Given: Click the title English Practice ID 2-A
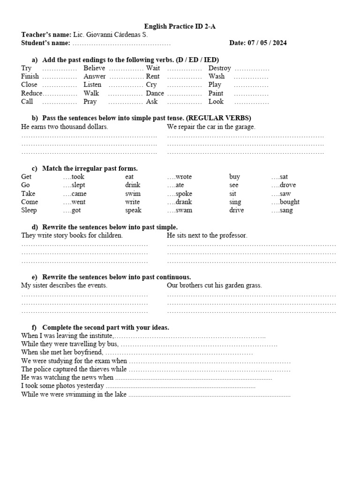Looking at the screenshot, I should [180, 26].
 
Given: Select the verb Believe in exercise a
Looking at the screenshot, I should [94, 68].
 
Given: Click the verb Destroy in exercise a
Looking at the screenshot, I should [219, 68].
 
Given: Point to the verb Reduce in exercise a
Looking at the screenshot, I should [31, 93].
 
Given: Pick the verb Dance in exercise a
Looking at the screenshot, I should [155, 93].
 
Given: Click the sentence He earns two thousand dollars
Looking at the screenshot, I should [65, 127].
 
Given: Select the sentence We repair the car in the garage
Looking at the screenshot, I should [211, 127].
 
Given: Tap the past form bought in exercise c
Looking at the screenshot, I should [290, 202].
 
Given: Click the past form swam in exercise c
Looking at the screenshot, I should [184, 210].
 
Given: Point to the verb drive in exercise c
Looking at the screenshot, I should [236, 210].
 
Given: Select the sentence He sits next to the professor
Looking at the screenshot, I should [207, 235].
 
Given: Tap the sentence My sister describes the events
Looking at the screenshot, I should [64, 285].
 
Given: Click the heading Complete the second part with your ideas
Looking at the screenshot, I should [105, 327].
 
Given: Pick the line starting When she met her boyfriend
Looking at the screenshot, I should [62, 352].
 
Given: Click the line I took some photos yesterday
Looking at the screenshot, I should [62, 386].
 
